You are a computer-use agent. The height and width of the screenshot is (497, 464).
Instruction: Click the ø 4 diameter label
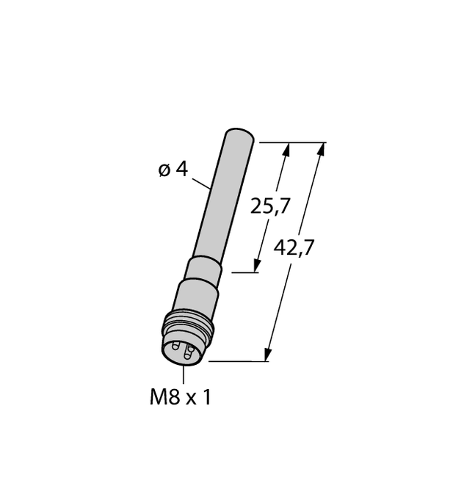click(173, 170)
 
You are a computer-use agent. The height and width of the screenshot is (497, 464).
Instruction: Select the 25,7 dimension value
click(270, 206)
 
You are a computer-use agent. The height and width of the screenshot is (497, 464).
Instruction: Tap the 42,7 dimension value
click(294, 248)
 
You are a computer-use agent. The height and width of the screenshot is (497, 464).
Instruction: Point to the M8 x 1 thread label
click(180, 397)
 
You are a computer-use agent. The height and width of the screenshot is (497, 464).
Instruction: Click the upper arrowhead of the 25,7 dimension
click(286, 150)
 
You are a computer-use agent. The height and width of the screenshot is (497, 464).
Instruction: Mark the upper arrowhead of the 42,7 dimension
click(321, 150)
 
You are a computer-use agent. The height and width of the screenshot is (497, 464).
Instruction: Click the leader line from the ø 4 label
click(202, 184)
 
